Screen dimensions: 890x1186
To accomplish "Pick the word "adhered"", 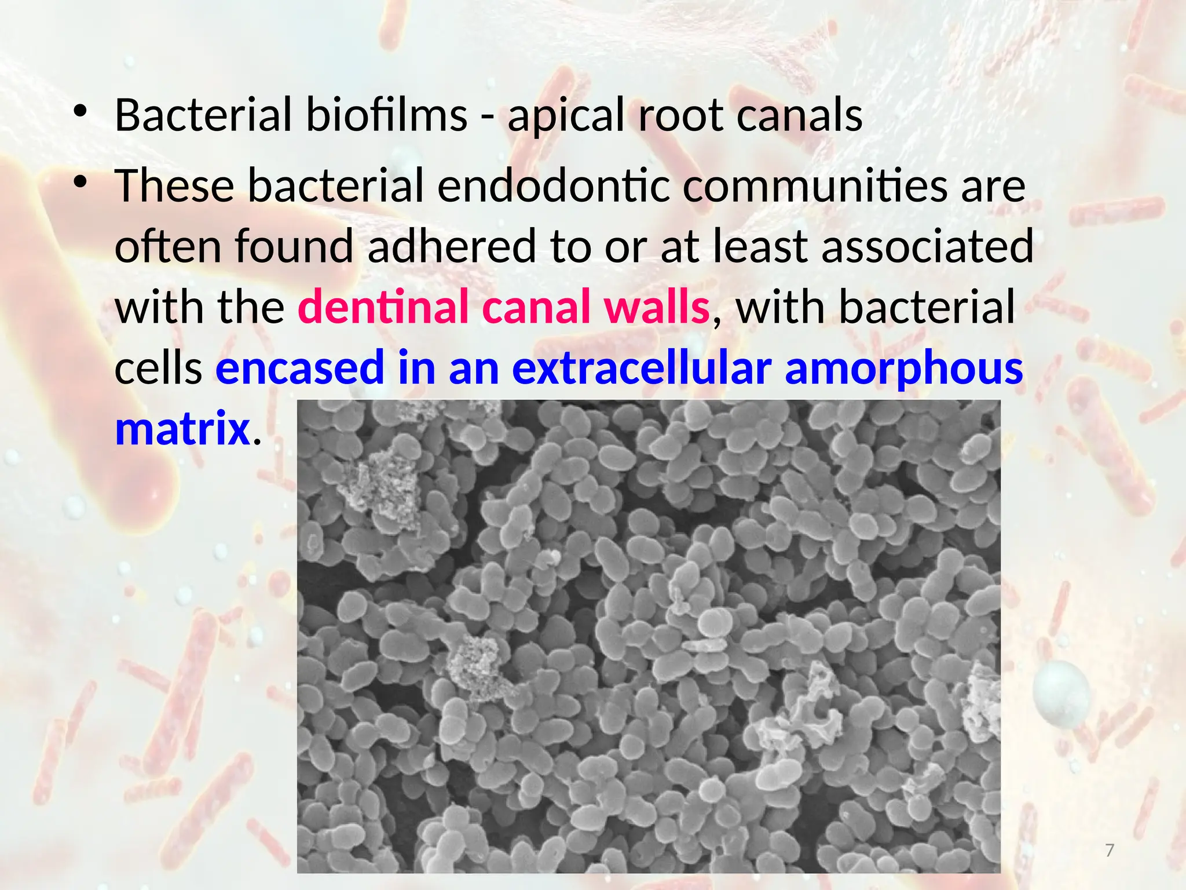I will pyautogui.click(x=452, y=246).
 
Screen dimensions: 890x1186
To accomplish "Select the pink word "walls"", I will pyautogui.click(x=657, y=307).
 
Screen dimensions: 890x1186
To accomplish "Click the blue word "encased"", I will pyautogui.click(x=300, y=367).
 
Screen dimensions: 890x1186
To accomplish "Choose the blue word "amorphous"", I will pyautogui.click(x=904, y=369).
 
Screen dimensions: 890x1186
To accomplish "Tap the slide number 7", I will pyautogui.click(x=1110, y=851).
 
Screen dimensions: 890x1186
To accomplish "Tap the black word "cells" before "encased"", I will pyautogui.click(x=158, y=367).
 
